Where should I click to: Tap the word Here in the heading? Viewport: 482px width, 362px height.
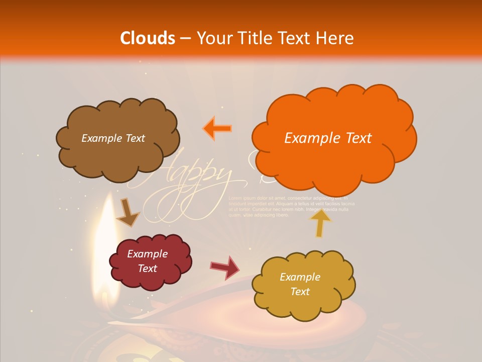[x=336, y=38]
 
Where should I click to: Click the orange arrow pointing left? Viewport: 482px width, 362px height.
[x=217, y=129]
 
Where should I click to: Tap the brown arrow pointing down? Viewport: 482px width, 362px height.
[x=128, y=213]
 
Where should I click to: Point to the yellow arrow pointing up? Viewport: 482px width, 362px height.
[x=320, y=222]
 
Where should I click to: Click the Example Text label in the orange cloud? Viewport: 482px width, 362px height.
[x=328, y=138]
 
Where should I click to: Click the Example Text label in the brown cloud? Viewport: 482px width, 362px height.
[x=113, y=138]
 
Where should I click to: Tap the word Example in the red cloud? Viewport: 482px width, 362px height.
[x=147, y=254]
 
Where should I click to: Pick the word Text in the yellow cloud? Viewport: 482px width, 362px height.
[x=300, y=292]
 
